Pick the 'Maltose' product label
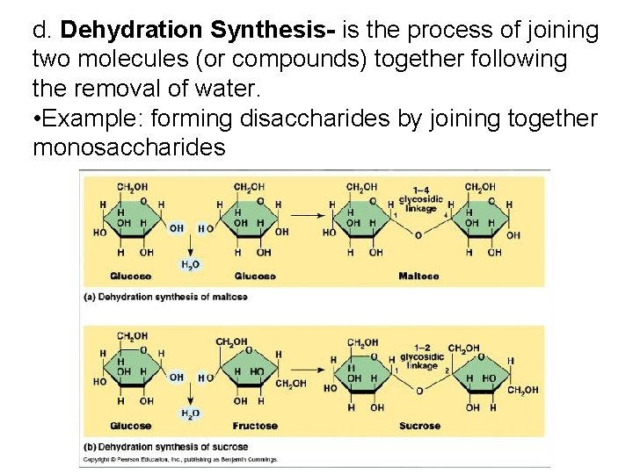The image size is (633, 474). click(418, 276)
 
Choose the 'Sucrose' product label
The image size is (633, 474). click(419, 426)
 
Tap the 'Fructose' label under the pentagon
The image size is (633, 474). click(255, 426)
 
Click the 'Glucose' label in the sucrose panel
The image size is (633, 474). click(130, 426)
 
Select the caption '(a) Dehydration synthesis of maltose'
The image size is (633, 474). click(165, 297)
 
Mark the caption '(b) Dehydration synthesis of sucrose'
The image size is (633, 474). click(165, 447)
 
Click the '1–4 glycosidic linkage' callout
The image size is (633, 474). click(420, 199)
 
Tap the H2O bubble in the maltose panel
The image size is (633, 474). click(190, 264)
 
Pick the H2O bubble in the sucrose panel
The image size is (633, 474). click(190, 413)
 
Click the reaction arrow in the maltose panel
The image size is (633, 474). click(308, 213)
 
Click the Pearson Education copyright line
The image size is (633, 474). click(180, 459)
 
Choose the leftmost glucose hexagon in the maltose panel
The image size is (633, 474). click(131, 219)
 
